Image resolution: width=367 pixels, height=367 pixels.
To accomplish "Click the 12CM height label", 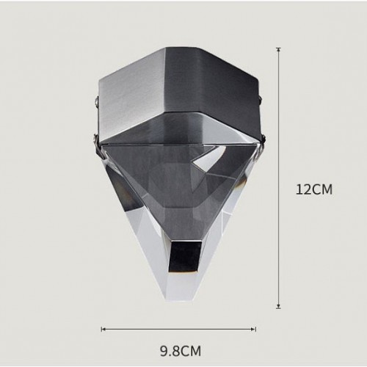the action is (314, 189).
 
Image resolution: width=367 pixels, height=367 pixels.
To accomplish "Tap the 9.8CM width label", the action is (181, 351).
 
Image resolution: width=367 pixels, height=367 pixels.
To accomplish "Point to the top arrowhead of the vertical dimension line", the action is (278, 49).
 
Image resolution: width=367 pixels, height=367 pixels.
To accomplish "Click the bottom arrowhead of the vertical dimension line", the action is (278, 306).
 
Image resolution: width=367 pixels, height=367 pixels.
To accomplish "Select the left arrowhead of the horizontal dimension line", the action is (103, 329).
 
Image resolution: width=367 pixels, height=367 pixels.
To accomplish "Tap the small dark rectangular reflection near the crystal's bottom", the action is (186, 255).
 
